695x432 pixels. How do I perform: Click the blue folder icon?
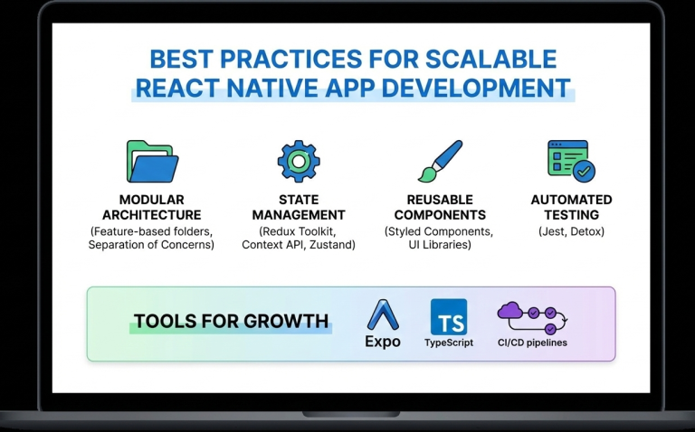point(150,162)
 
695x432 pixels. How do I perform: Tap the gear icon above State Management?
point(298,161)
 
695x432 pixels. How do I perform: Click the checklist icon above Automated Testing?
point(571,161)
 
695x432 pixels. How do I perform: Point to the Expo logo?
point(382,317)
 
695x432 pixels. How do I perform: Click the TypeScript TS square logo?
point(449,317)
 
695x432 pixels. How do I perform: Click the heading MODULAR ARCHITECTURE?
point(151,207)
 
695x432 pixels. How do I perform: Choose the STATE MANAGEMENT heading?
point(298,207)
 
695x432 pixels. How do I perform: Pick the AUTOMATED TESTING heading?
point(571,207)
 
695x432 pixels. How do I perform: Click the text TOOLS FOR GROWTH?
point(231,321)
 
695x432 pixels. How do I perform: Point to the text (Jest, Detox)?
point(571,231)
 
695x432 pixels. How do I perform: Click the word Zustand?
point(331,246)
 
